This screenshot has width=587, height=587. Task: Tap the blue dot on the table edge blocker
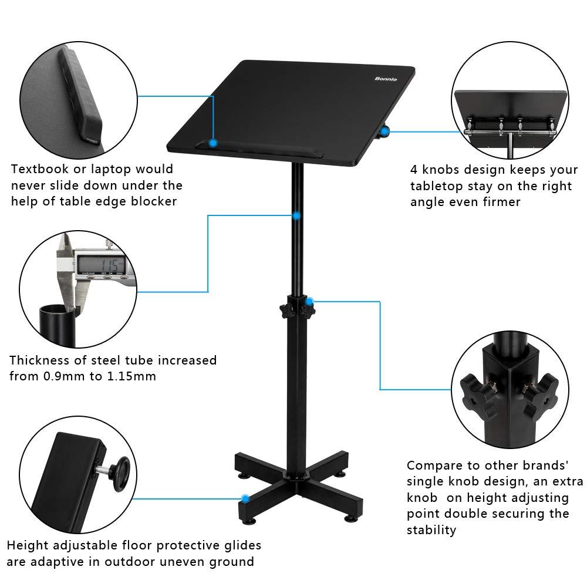click(213, 143)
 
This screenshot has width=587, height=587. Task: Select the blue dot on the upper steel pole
click(297, 216)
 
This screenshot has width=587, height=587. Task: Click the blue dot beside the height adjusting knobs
click(311, 302)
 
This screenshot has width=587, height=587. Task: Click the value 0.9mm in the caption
click(65, 376)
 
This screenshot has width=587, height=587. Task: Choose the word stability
click(431, 530)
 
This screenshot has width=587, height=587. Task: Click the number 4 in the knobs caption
click(414, 170)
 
